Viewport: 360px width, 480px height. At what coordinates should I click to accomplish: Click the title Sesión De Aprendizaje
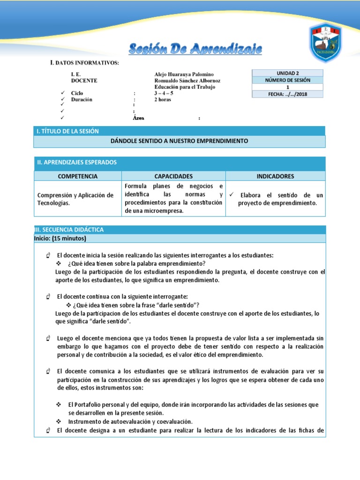pos(195,49)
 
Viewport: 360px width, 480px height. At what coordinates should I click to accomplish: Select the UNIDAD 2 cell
pos(287,73)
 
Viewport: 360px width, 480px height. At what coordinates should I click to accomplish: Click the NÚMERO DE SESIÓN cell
pos(287,80)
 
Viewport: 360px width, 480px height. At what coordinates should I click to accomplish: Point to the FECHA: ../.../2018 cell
pos(287,94)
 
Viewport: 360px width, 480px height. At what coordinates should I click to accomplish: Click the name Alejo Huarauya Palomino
pos(184,75)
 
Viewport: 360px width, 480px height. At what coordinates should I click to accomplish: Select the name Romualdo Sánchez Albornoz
pos(187,81)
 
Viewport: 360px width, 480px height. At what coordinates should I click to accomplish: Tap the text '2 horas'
pos(163,99)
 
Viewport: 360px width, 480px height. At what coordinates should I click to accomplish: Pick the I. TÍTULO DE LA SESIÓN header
pos(67,131)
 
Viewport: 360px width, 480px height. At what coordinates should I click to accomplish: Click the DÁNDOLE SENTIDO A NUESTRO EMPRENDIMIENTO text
pos(180,141)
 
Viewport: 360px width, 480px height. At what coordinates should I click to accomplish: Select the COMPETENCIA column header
pos(78,176)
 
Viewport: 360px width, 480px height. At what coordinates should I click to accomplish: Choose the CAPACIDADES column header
pos(173,176)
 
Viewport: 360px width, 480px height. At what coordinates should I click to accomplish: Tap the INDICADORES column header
pos(275,176)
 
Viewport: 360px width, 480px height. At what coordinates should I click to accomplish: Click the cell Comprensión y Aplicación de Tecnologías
pos(75,199)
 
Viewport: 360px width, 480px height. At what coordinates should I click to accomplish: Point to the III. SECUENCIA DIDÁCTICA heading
pos(69,230)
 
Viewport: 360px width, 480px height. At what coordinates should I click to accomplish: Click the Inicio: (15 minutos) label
pos(60,239)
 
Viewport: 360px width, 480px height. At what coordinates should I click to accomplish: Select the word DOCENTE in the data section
pos(84,81)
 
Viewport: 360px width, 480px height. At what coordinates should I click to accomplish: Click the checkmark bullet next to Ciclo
pos(62,93)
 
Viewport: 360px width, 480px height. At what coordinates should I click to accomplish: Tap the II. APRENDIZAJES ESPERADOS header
pos(77,162)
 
